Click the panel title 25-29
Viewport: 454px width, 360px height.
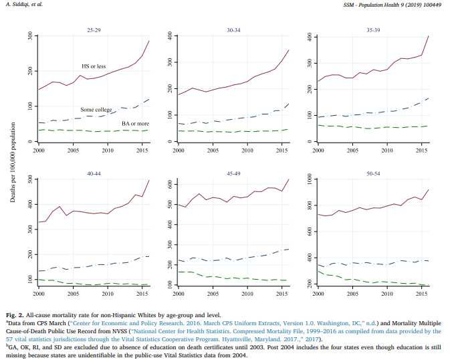point(93,31)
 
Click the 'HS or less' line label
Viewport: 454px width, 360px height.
point(94,66)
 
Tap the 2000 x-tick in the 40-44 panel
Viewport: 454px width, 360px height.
point(39,294)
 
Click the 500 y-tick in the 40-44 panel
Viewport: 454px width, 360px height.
point(30,179)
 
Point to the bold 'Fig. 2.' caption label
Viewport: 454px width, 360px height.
point(18,313)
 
